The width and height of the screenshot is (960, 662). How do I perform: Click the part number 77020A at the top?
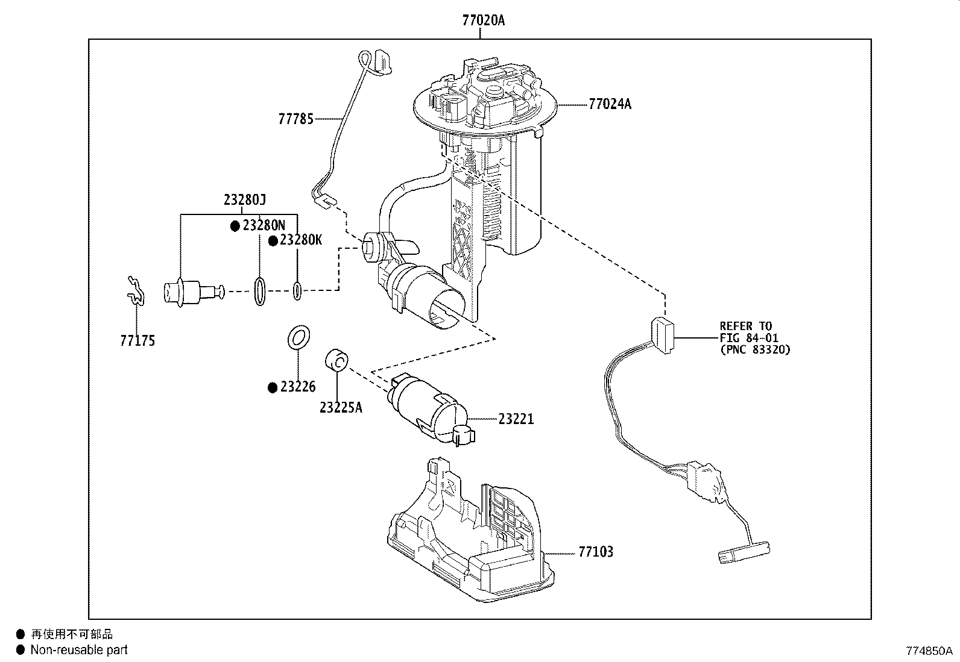pos(484,20)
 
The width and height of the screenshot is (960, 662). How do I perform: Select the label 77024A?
pos(610,104)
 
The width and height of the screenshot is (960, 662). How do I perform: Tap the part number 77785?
pos(296,119)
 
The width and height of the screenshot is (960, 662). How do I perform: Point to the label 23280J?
pos(245,199)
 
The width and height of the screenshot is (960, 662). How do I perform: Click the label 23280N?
pos(264,225)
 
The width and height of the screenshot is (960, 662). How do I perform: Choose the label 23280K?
pos(301,240)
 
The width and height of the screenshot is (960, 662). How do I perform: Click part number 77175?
pos(137,341)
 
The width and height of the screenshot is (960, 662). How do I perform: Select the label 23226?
pos(298,387)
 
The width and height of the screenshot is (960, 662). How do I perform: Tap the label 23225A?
pos(341,408)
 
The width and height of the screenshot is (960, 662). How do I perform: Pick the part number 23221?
pos(516,419)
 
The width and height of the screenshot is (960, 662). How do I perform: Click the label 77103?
pos(596,552)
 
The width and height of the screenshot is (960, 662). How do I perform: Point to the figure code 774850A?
pos(929,651)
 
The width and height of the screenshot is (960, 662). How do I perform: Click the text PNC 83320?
pos(755,350)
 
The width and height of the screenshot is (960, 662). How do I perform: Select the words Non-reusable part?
pos(79,649)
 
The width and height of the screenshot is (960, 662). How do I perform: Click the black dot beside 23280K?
pos(273,241)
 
